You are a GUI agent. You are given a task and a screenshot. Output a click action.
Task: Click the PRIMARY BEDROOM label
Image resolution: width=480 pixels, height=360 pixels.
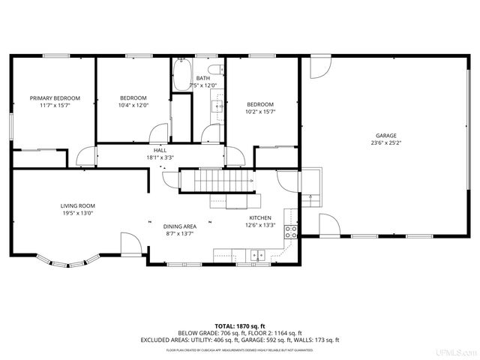tap(55, 98)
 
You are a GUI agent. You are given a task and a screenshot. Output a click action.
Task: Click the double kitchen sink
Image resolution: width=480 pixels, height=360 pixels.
tap(257, 254)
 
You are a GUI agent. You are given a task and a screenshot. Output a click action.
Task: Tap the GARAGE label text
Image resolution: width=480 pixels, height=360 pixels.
tap(386, 136)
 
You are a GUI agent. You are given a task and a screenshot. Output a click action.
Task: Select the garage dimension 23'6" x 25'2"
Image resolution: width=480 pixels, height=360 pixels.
tap(386, 143)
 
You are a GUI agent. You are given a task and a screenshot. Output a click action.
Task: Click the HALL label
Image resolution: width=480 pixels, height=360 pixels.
tap(160, 151)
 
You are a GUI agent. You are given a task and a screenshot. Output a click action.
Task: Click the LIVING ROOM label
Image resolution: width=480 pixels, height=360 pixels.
tap(78, 205)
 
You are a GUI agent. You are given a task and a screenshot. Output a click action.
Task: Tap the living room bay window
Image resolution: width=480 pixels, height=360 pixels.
tap(68, 262)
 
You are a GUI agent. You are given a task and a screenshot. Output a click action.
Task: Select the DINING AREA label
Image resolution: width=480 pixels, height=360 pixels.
tap(179, 226)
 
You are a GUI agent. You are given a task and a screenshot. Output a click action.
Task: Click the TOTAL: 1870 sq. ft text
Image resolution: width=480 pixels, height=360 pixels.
tap(240, 326)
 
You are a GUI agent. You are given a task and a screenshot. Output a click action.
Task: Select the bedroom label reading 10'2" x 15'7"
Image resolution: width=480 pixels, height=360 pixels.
tap(260, 112)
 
